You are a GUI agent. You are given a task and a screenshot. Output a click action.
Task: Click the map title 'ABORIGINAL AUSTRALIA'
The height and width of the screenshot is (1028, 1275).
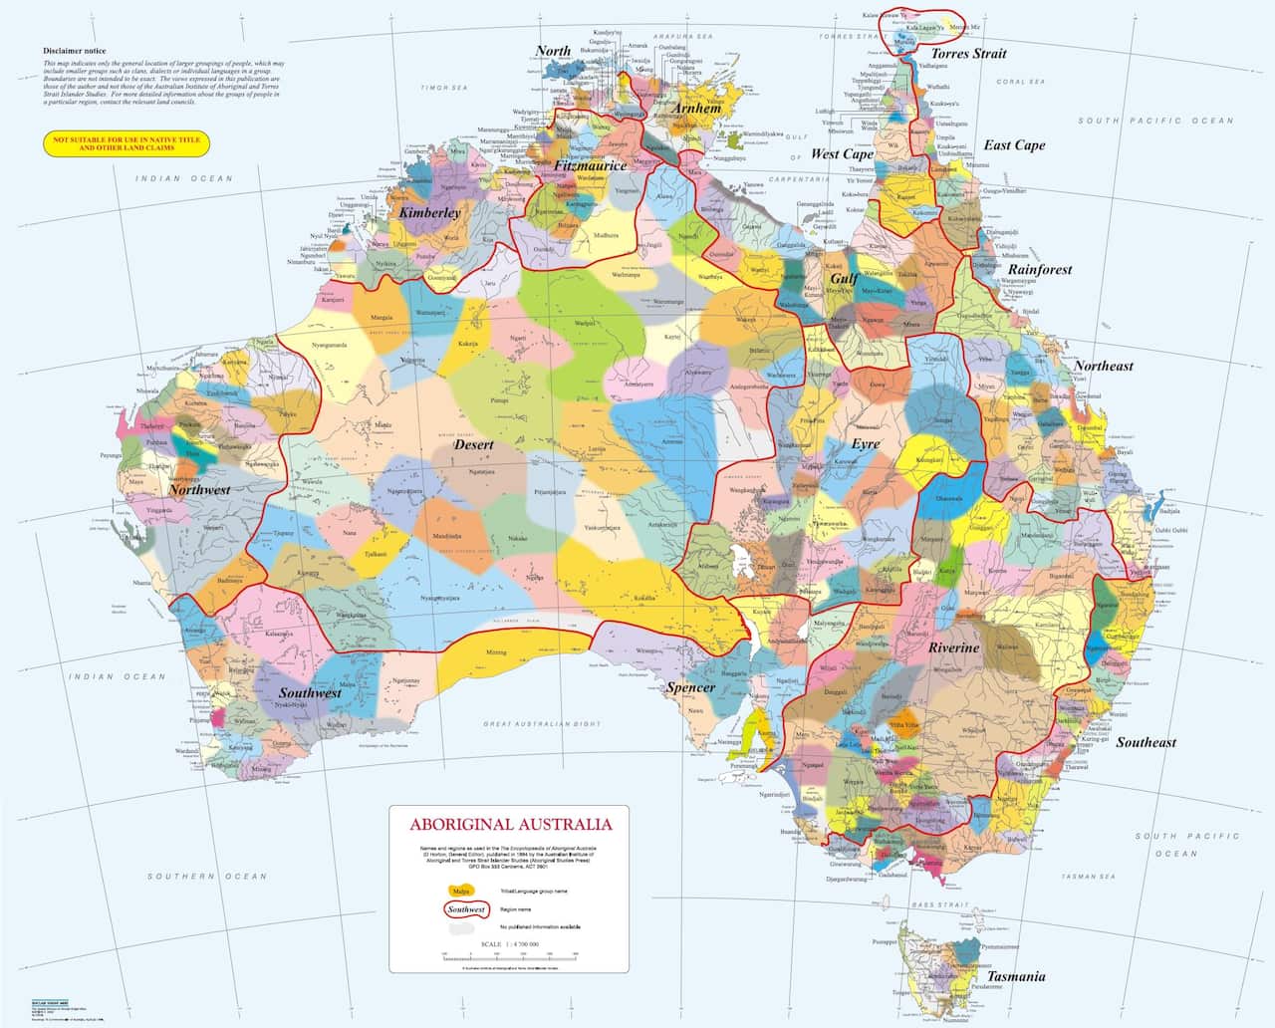[511, 825]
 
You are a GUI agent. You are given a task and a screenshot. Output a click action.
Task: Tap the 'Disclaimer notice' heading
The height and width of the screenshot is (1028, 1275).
[75, 51]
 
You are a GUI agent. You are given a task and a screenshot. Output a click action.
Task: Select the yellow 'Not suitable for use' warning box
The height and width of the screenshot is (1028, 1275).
[127, 143]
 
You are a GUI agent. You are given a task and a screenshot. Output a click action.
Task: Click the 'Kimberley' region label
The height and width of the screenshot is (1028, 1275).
[429, 213]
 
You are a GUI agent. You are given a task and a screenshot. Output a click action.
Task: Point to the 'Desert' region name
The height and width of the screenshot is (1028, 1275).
[474, 444]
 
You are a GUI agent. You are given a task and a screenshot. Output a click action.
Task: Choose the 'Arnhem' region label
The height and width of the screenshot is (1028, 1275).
[696, 109]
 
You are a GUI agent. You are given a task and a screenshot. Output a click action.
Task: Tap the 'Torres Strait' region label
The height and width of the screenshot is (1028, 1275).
[968, 54]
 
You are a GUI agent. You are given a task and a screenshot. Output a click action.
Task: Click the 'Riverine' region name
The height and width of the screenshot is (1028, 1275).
[953, 647]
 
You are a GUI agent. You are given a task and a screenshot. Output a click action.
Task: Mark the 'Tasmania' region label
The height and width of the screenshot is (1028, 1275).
[1016, 977]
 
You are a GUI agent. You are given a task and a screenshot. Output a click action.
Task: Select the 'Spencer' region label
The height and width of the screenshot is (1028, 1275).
[690, 688]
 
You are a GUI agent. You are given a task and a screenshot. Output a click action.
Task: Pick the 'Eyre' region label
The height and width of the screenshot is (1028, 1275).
[865, 443]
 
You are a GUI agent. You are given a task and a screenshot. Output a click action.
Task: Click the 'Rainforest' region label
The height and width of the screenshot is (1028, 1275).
[1040, 269]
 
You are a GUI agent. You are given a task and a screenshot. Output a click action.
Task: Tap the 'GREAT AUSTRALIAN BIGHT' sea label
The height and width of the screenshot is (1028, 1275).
[544, 724]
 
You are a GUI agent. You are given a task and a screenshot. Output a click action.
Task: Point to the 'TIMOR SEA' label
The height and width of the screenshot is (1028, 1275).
[444, 89]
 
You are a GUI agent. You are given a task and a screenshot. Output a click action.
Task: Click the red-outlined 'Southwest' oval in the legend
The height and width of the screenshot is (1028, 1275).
[466, 909]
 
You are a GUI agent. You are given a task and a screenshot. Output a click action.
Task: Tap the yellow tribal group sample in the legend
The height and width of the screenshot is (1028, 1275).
[461, 891]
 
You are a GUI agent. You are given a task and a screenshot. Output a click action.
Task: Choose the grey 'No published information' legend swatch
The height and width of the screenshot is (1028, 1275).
[461, 927]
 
